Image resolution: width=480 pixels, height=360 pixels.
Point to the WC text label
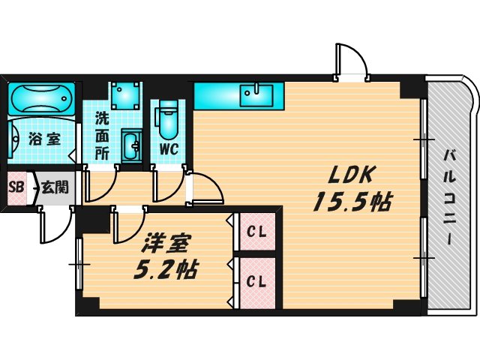[x=168, y=148]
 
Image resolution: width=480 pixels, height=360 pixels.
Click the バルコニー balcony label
[x=450, y=196]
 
